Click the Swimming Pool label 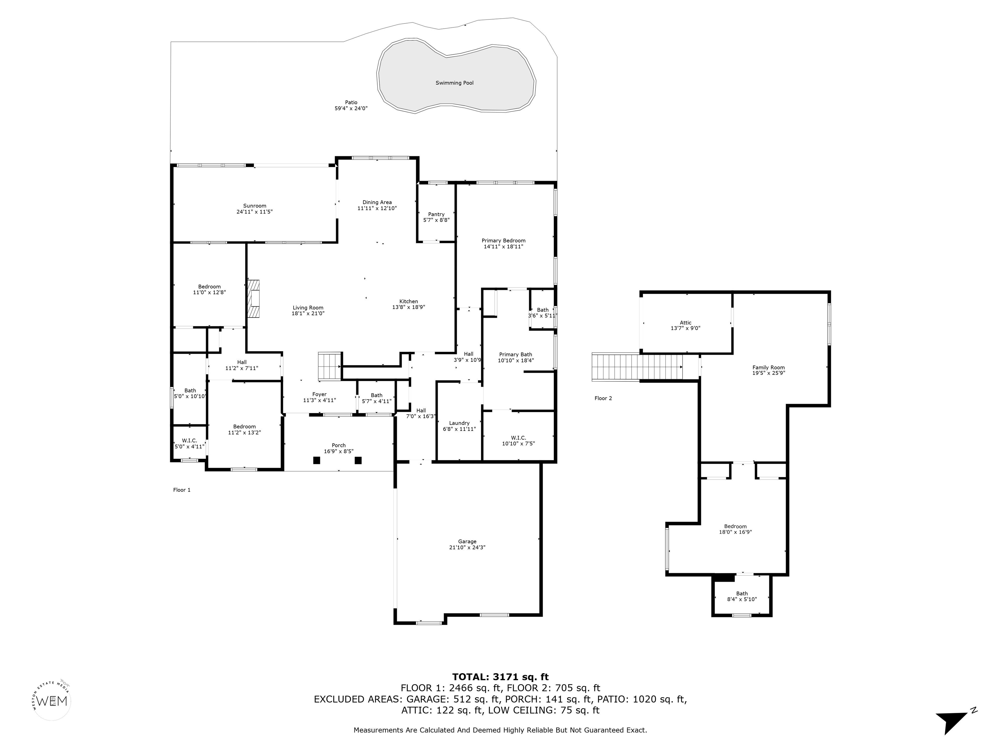(454, 83)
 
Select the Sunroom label (255, 206)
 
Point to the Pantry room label (436, 214)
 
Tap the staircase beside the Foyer (329, 366)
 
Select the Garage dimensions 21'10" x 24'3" (467, 547)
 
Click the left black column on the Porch (317, 460)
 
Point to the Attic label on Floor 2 (686, 323)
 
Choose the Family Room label (768, 368)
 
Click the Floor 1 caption (182, 490)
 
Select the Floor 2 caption (603, 398)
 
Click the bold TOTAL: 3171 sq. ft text (500, 677)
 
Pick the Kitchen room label (409, 302)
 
